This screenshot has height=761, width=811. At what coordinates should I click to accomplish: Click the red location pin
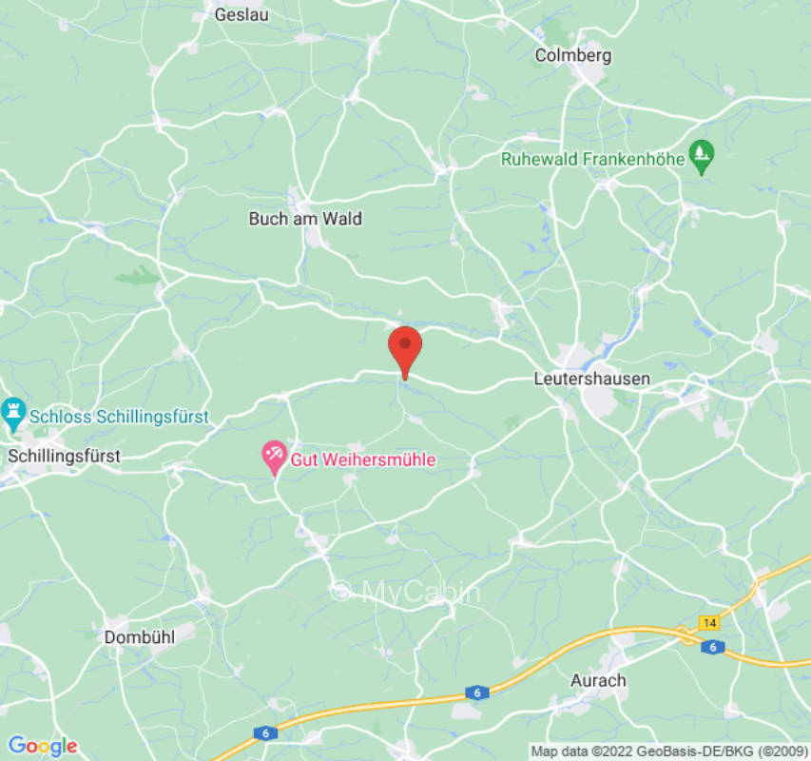405,349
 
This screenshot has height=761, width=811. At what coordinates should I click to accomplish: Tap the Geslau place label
241,14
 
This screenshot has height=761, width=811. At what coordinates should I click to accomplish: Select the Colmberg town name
572,55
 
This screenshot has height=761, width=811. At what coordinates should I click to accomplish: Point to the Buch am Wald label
305,219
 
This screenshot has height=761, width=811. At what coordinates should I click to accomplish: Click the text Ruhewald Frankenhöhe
593,159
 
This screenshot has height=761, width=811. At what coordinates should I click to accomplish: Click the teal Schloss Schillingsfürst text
119,417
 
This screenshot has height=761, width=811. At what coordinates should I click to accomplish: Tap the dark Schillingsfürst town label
64,457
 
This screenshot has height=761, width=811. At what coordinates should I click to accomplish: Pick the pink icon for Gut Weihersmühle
275,456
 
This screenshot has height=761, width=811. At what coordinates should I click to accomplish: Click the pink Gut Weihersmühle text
363,459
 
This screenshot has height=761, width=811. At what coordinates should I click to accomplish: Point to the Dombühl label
140,637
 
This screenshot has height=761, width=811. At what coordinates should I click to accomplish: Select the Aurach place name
598,680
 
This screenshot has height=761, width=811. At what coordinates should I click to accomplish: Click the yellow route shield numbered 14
708,623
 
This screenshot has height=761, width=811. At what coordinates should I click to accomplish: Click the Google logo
42,746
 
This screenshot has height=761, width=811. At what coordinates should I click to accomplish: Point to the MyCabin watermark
406,592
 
